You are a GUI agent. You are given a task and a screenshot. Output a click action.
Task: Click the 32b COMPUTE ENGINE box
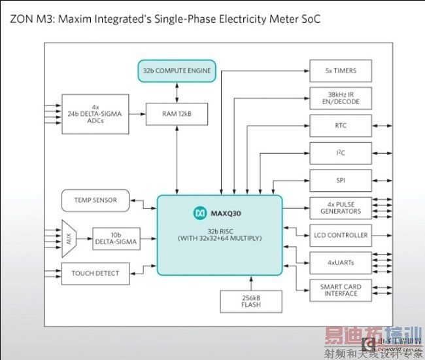pos(177,70)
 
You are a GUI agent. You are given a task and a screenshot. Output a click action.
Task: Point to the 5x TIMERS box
pos(340,70)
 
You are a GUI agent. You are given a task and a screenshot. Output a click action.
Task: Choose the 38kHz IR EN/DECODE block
pos(340,98)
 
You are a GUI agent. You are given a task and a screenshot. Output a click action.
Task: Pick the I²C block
pos(340,153)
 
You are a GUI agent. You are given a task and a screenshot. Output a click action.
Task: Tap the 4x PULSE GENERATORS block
pos(340,207)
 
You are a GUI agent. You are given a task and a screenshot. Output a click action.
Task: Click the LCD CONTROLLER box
pos(340,235)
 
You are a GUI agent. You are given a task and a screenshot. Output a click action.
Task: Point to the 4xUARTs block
pos(340,262)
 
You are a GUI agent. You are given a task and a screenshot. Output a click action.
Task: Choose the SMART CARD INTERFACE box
pos(340,290)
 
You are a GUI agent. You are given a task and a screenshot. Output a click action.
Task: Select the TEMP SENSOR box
pos(95,200)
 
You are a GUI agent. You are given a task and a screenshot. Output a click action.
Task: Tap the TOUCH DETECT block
pos(95,274)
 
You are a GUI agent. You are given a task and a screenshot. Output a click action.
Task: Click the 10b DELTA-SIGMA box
pos(115,238)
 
